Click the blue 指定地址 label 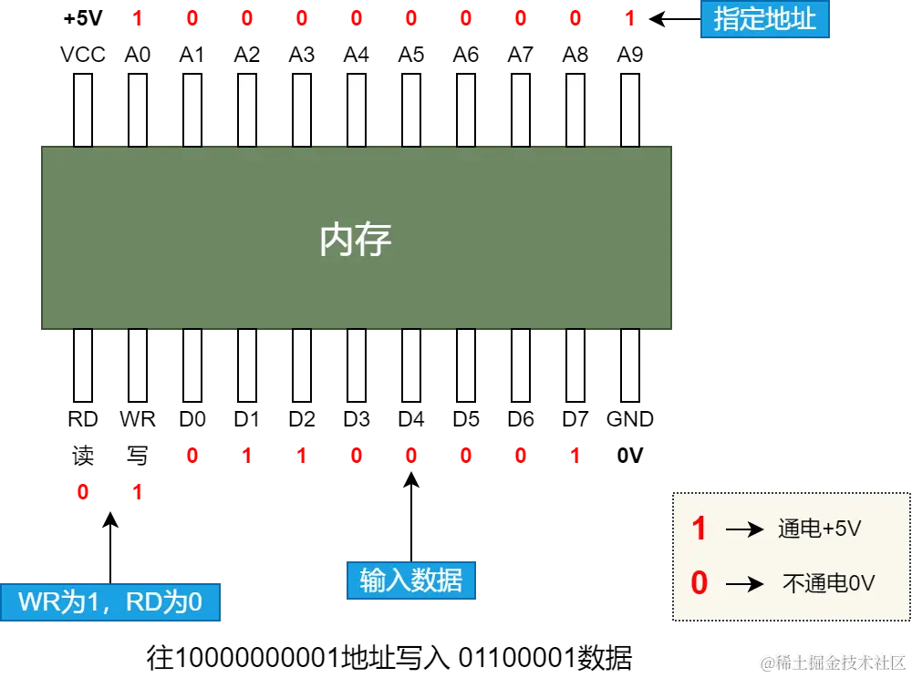click(x=764, y=19)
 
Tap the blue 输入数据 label click(x=410, y=580)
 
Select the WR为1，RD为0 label click(x=110, y=602)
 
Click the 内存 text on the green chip click(x=356, y=240)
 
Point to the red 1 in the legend click(x=699, y=529)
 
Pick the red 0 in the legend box click(x=699, y=582)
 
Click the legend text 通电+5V click(x=819, y=529)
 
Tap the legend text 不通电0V click(x=828, y=583)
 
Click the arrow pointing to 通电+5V click(x=744, y=529)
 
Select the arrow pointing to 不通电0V click(x=744, y=583)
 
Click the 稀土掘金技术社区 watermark click(x=831, y=661)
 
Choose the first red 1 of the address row click(x=138, y=17)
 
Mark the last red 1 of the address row click(x=629, y=17)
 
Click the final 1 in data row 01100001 click(x=575, y=455)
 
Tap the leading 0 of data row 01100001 click(x=192, y=455)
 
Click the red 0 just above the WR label click(x=83, y=492)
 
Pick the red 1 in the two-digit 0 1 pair click(x=138, y=492)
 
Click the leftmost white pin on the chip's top click(x=83, y=109)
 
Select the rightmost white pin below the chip click(x=630, y=365)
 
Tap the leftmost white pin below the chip click(x=83, y=365)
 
